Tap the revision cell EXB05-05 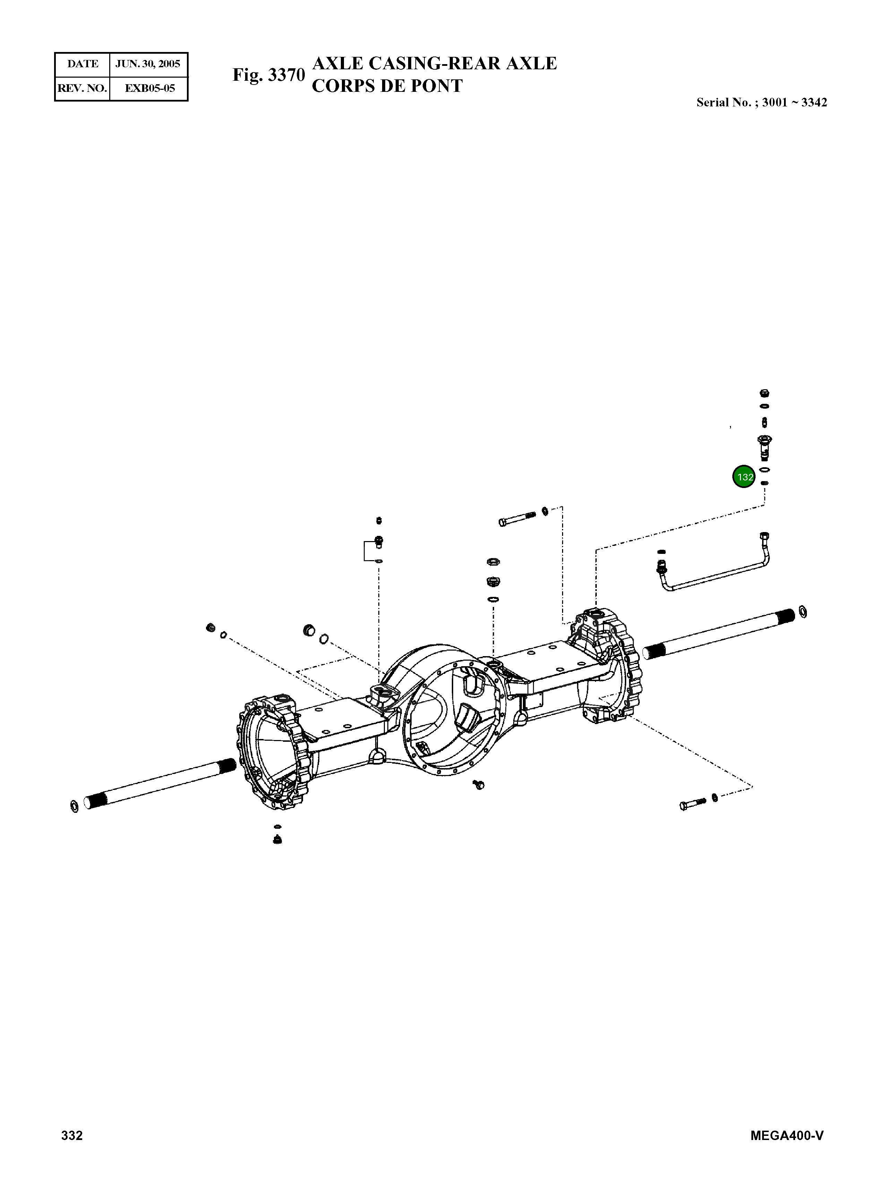(x=149, y=88)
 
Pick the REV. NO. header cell (x=83, y=88)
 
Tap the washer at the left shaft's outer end (x=74, y=806)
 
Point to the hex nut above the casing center (x=493, y=562)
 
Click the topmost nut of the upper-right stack (x=765, y=394)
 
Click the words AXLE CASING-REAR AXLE (x=434, y=63)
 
